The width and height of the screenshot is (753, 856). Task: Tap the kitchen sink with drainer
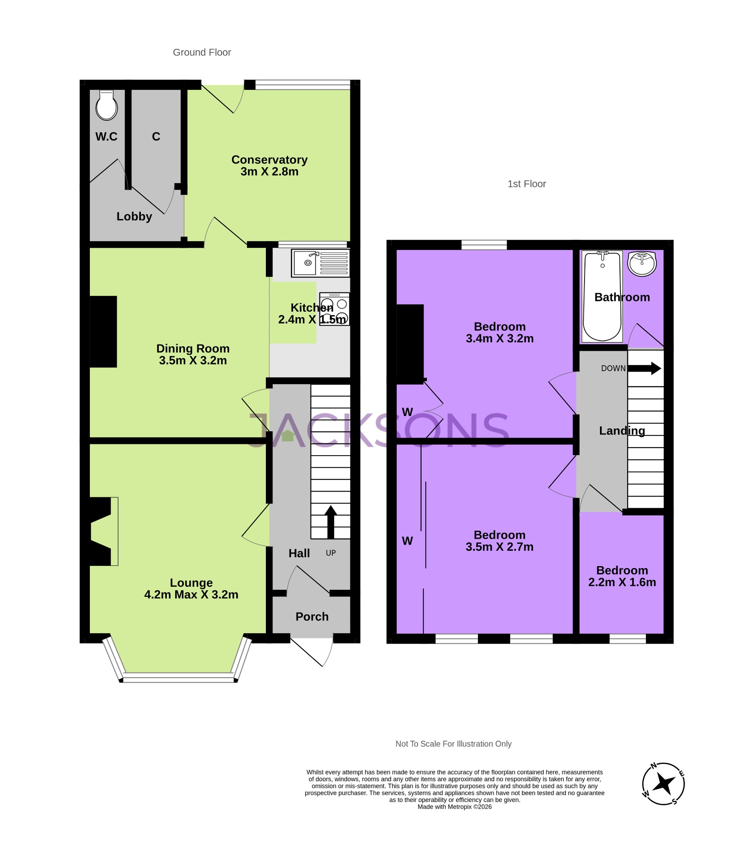(320, 263)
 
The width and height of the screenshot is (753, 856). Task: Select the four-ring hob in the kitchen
(334, 308)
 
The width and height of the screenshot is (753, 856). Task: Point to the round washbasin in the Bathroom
(641, 264)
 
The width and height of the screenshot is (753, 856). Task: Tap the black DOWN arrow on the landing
(644, 368)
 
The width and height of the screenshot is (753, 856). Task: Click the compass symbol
(663, 784)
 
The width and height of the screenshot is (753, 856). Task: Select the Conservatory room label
(269, 160)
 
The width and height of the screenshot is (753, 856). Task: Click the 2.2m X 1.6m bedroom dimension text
(622, 582)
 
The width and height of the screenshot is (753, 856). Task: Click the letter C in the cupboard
(156, 137)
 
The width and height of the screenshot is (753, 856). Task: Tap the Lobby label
(134, 217)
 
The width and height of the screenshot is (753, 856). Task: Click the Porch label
(312, 617)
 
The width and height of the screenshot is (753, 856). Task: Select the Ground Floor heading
(202, 52)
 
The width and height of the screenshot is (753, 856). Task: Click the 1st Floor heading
(526, 184)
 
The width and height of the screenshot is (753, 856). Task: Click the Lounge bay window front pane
(179, 677)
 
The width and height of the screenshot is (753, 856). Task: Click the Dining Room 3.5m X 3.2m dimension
(193, 361)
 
